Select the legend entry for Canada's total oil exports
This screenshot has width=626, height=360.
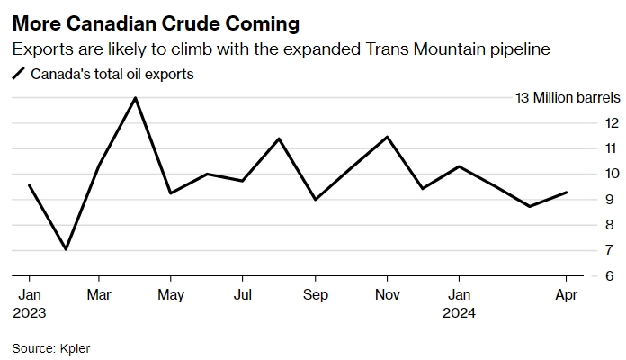pos(111,75)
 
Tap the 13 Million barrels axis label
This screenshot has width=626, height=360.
pos(567,97)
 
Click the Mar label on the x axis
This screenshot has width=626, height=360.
pos(100,294)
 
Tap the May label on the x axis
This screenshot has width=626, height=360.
pos(171,294)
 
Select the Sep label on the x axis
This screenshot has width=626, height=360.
pos(315,294)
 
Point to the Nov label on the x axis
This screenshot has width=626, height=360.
pos(387,294)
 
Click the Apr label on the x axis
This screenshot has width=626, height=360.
pos(566,294)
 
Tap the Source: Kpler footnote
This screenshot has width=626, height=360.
pos(51,346)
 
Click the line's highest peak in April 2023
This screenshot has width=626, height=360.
pos(135,97)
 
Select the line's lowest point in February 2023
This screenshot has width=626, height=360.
pos(66,249)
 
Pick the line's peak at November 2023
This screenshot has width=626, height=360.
pos(387,137)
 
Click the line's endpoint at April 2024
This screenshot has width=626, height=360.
pos(566,192)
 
